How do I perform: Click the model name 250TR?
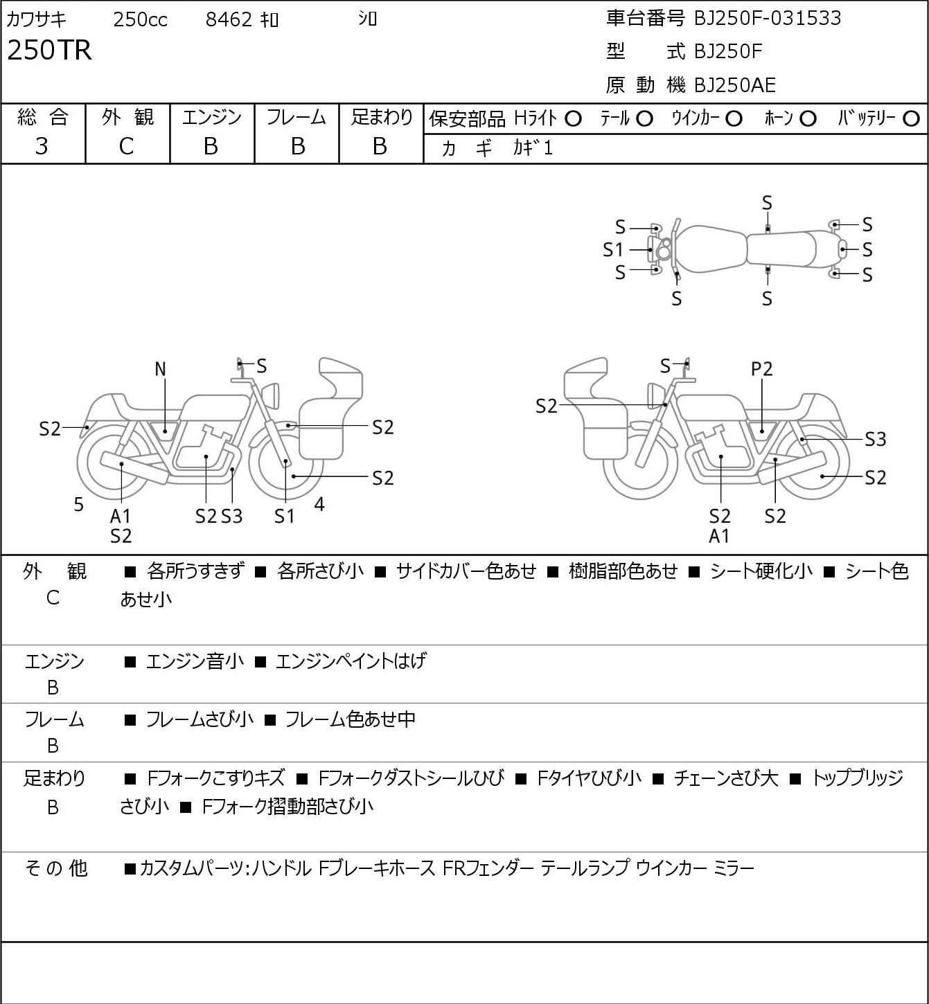point(49,51)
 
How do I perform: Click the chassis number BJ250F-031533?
point(768,18)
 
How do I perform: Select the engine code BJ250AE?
point(735,85)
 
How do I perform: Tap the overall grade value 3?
point(42,146)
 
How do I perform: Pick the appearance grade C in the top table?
point(126,146)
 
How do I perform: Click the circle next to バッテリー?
point(911,119)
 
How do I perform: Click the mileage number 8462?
point(229,20)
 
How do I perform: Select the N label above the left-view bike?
point(160,370)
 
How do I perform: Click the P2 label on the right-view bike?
point(761,370)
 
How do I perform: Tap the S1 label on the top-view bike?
point(613,249)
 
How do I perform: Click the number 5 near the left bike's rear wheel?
point(79,505)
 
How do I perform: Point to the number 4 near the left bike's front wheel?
point(319,504)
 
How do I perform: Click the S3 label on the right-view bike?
point(876,439)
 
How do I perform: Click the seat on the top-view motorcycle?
point(781,249)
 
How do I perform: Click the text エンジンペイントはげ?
point(351,661)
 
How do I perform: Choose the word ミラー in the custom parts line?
point(733,868)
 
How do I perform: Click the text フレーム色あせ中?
point(350,720)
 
